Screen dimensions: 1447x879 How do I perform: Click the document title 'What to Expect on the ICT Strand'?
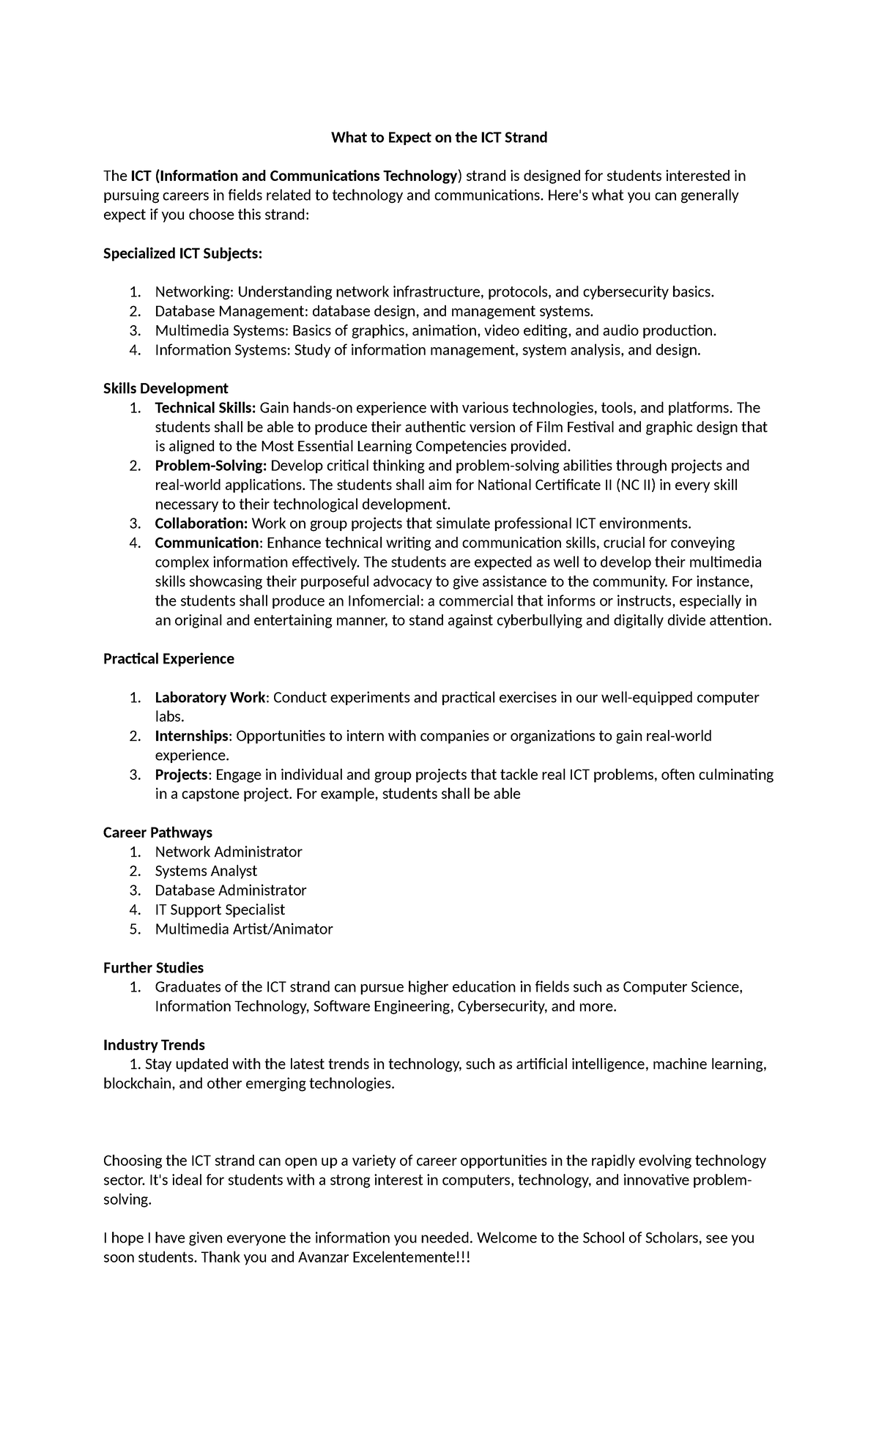coord(439,138)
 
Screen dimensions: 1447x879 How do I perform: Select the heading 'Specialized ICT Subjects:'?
coord(182,253)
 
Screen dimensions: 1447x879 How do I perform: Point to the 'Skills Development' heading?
coord(166,388)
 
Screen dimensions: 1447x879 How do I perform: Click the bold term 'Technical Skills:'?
coord(205,408)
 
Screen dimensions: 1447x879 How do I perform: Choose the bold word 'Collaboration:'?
coord(201,524)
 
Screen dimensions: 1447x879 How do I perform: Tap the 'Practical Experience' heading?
coord(168,659)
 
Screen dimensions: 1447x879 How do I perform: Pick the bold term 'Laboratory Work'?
coord(209,698)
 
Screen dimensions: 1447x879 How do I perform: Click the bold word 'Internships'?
coord(192,736)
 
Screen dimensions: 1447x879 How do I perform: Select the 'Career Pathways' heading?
coord(157,833)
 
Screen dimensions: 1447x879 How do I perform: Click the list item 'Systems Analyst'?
coord(206,871)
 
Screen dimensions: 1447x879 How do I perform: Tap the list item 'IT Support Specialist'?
coord(220,910)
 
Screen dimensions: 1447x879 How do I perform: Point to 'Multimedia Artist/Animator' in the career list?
coord(243,929)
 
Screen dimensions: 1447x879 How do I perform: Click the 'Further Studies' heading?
coord(153,968)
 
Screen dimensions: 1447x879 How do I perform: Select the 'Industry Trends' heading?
coord(154,1045)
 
